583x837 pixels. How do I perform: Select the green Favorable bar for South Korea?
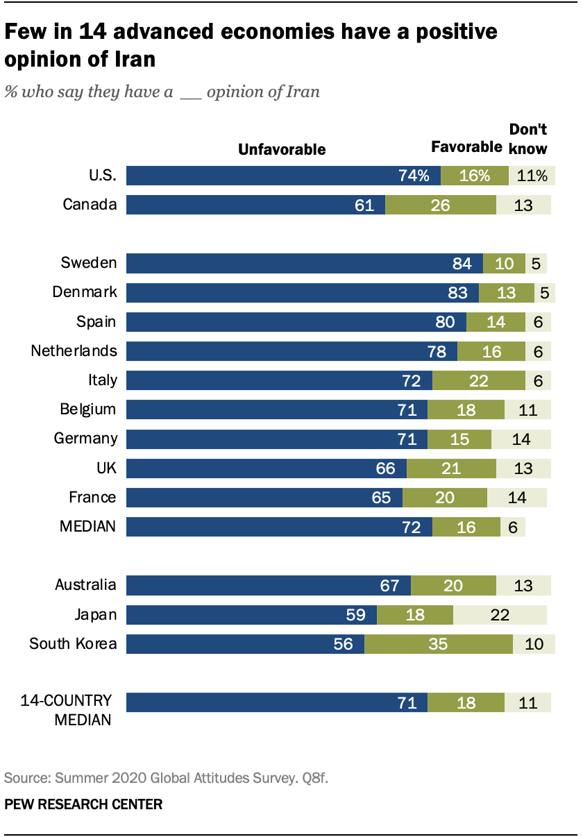pyautogui.click(x=439, y=643)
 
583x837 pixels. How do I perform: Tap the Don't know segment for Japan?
pyautogui.click(x=500, y=614)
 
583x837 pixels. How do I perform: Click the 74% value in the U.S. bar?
pyautogui.click(x=414, y=176)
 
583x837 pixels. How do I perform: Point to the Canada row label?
pyautogui.click(x=90, y=205)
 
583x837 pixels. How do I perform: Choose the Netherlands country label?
pyautogui.click(x=74, y=351)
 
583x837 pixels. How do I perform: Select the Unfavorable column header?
pyautogui.click(x=282, y=149)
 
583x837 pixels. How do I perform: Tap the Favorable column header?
pyautogui.click(x=466, y=147)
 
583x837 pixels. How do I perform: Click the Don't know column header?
pyautogui.click(x=528, y=139)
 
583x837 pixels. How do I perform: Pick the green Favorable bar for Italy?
pyautogui.click(x=478, y=380)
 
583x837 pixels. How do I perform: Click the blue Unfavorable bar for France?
pyautogui.click(x=264, y=498)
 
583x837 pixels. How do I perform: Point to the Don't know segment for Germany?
pyautogui.click(x=521, y=439)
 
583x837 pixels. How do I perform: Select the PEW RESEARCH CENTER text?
pyautogui.click(x=83, y=805)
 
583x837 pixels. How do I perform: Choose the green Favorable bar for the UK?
pyautogui.click(x=451, y=468)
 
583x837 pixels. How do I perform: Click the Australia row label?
pyautogui.click(x=85, y=585)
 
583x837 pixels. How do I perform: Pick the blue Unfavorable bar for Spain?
pyautogui.click(x=296, y=322)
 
